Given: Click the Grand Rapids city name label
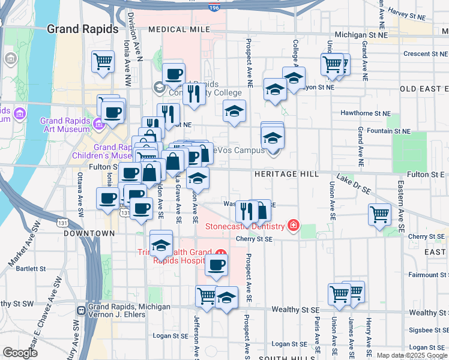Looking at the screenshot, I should pos(77,28).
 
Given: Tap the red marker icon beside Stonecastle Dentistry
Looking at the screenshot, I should pos(294,226).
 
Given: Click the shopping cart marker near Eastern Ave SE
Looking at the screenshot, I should pos(380,214).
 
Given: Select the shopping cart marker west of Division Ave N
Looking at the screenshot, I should pos(103,61).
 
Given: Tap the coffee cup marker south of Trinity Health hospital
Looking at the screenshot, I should pos(217,264).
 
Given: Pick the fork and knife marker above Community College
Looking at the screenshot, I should pos(193,93).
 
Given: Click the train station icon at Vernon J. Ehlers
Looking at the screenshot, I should pos(81,310).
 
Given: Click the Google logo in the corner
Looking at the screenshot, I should pos(20,352).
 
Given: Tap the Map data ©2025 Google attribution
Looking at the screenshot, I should pos(411,355).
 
